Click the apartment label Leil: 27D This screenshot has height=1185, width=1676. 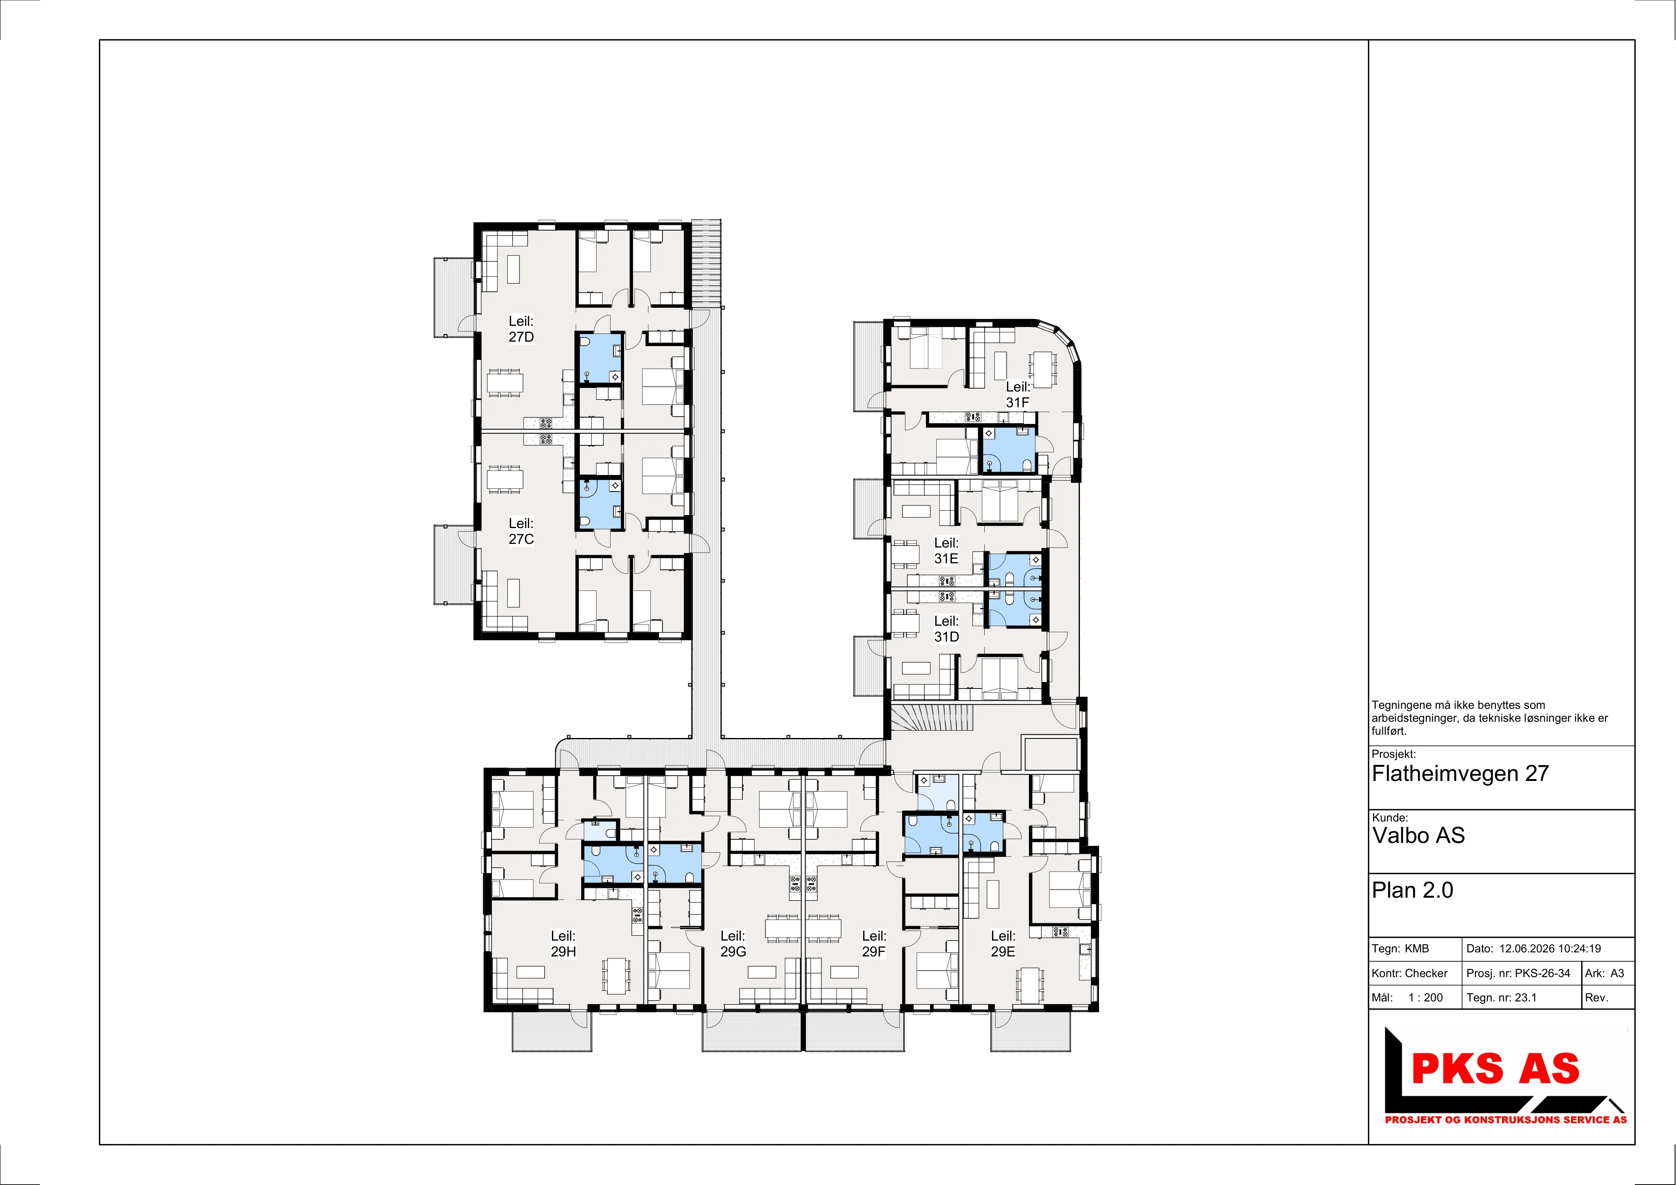(x=521, y=329)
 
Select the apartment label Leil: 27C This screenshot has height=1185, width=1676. (x=521, y=531)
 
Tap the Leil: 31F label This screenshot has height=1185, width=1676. (x=1018, y=394)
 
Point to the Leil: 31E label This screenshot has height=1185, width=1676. (x=946, y=550)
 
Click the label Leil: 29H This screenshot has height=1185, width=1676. (x=563, y=943)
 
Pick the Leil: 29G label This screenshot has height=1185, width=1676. (x=733, y=943)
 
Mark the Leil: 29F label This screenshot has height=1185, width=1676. (x=874, y=943)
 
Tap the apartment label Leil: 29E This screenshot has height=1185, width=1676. (x=1003, y=943)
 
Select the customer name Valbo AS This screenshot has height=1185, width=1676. (x=1418, y=835)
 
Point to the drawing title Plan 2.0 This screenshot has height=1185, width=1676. (x=1413, y=890)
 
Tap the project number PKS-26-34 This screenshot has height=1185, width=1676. (x=1542, y=973)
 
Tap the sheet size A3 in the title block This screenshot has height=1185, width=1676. (x=1618, y=973)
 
